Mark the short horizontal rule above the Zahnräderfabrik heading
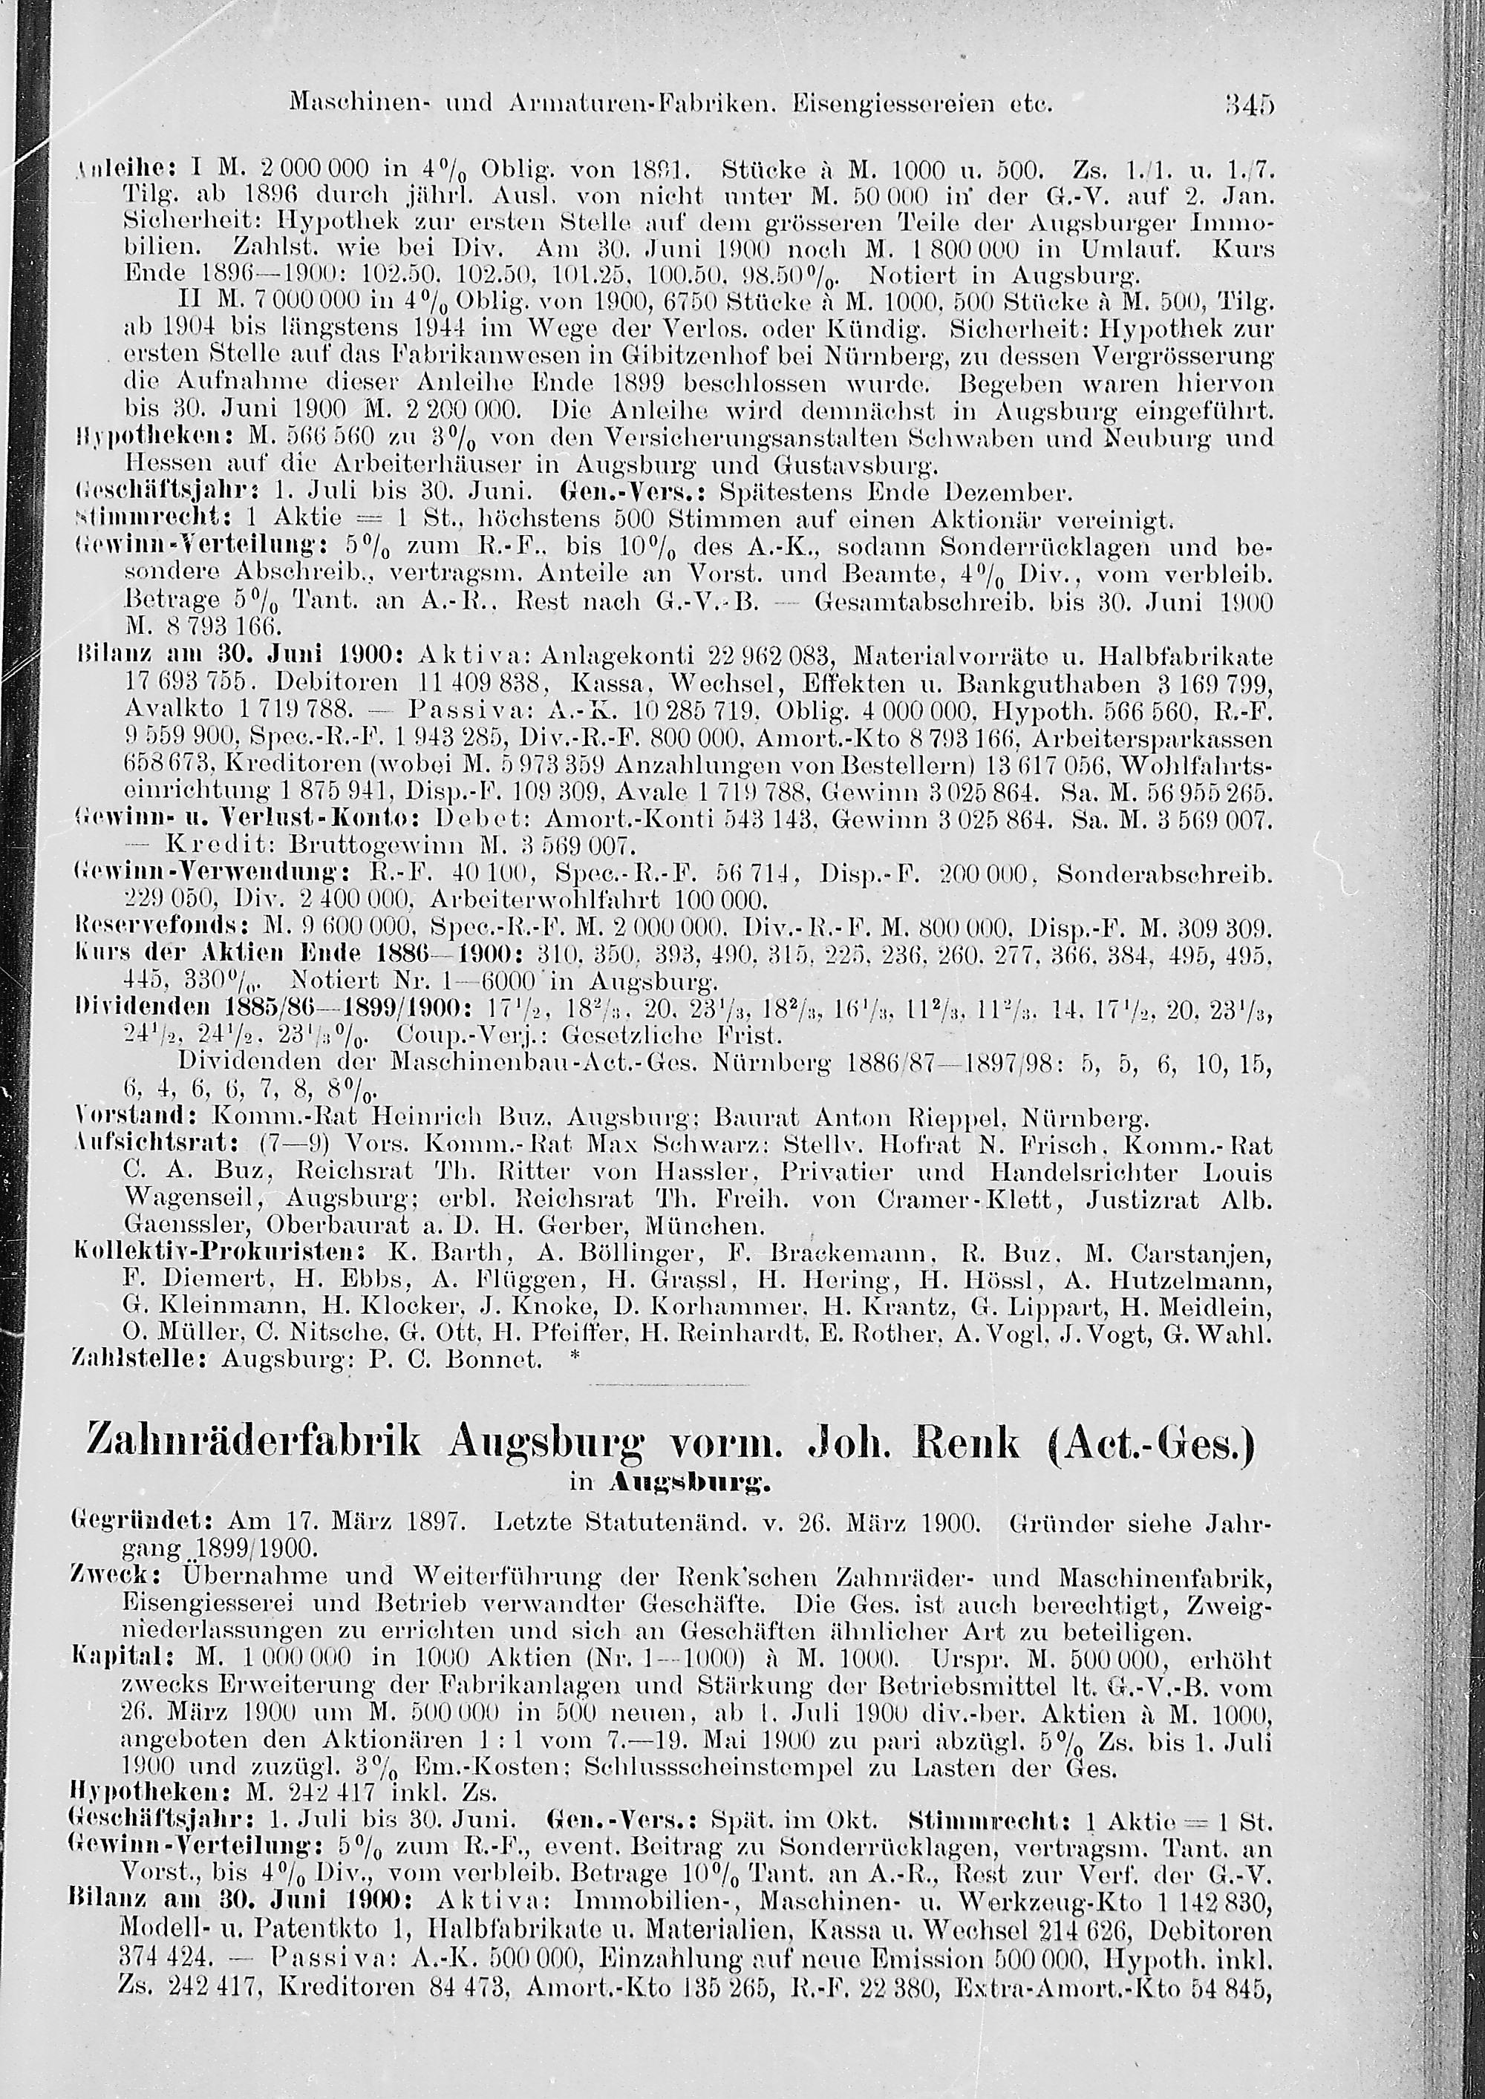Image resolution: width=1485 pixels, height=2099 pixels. coord(668,1385)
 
